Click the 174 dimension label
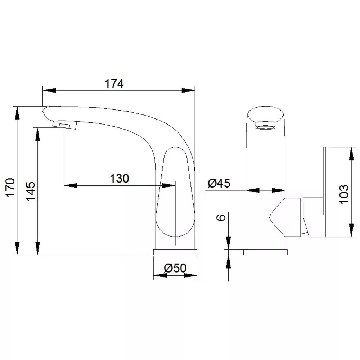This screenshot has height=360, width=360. [x=114, y=84]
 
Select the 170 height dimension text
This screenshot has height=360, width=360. [x=10, y=187]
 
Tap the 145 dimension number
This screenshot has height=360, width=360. [x=31, y=191]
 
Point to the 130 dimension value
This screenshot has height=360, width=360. [x=120, y=179]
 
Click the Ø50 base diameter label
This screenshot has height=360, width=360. [x=175, y=268]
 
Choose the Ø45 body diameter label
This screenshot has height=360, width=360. [x=219, y=184]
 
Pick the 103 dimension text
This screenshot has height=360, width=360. [x=344, y=194]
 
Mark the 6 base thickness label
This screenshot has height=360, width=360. [x=221, y=217]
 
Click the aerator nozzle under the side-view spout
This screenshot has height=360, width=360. [x=64, y=125]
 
